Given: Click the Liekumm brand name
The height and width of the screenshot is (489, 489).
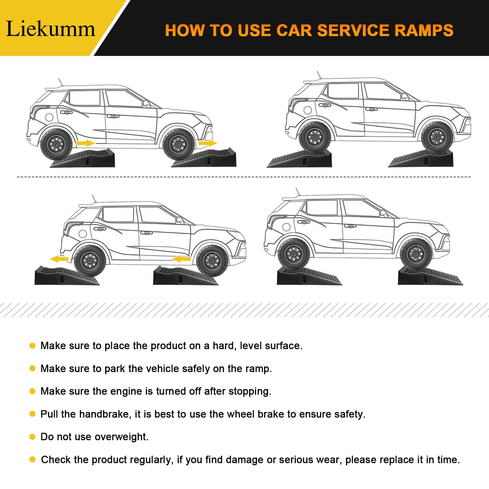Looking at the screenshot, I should coord(50,29).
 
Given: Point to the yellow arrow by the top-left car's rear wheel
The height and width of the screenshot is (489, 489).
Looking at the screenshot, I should coord(86,143).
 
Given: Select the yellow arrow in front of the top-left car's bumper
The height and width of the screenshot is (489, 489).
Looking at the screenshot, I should coord(208,143).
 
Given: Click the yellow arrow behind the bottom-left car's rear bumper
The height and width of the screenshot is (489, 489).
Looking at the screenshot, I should coord(59,259).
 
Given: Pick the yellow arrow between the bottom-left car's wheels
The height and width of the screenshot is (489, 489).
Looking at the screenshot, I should coord(182,259).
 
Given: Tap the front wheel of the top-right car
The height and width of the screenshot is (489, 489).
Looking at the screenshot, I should coord(437,138).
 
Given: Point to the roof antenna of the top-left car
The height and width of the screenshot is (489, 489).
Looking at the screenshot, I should coord(61,83).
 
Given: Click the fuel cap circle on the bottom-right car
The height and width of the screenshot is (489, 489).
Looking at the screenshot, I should coord(286,227).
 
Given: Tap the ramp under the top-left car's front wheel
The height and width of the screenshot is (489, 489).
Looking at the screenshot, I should coord(204,158).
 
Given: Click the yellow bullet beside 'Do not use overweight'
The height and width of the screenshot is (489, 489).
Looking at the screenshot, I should coord(32,437).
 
